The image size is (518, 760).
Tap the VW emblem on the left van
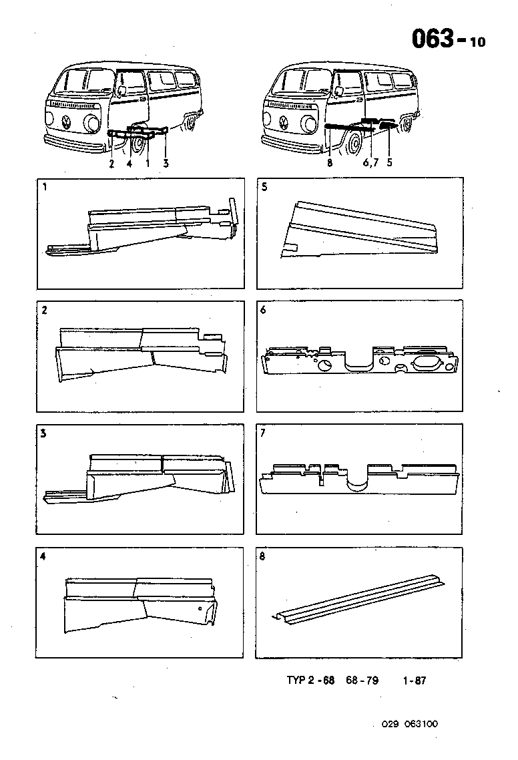point(66,122)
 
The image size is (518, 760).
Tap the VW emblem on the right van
point(284,122)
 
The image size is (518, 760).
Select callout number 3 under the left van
point(166,163)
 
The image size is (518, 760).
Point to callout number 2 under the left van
point(111,163)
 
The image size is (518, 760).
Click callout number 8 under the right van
point(330,163)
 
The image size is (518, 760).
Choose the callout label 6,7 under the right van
point(369,163)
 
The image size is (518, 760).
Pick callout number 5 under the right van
point(388,163)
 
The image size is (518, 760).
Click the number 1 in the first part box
point(44,188)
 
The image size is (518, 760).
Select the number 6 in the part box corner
point(263,311)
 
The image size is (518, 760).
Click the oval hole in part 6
point(427,361)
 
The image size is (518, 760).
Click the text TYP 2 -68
point(310,681)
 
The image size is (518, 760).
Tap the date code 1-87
point(414,681)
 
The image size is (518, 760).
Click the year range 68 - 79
point(362,681)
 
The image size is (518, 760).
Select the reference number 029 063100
point(410,723)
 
